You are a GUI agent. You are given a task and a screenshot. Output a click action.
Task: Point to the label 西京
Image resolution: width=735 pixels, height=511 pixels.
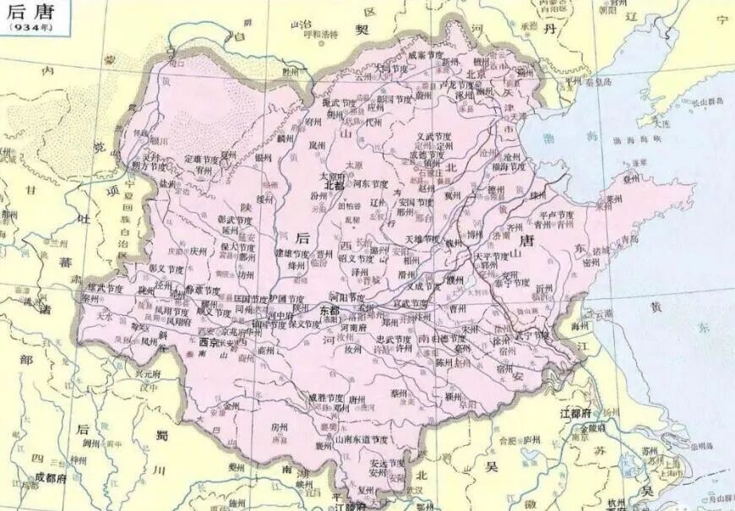(208, 344)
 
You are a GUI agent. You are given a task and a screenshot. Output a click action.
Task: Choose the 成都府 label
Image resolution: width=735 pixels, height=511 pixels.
(29, 477)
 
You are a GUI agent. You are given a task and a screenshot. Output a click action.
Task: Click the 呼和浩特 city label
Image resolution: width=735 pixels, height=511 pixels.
(320, 35)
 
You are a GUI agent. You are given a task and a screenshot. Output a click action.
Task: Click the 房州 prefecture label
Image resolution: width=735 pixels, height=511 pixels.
(280, 428)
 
